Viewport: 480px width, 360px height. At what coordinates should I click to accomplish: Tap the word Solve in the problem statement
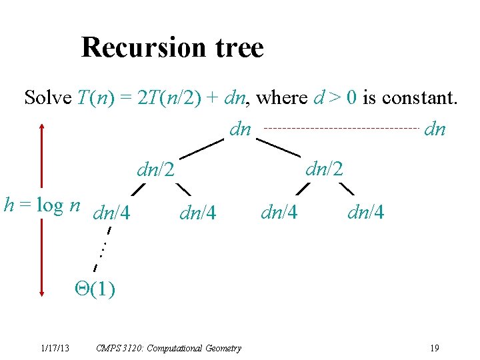coord(48,98)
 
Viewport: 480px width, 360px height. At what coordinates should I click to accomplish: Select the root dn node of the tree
coord(240,129)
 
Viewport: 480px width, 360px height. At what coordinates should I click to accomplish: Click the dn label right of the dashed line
coord(435,129)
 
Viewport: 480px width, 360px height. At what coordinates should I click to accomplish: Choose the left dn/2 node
coord(155,171)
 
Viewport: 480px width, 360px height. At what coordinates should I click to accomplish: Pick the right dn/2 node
coord(323,168)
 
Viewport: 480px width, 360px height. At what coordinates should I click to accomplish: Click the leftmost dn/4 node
coord(112,214)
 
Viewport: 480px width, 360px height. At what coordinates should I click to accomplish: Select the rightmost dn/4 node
coord(365,213)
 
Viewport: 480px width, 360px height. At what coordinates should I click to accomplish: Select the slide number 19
coord(434,348)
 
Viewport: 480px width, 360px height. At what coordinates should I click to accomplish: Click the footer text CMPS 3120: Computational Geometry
coord(169,348)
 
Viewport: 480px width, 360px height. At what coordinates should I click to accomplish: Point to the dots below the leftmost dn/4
coord(103,249)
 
